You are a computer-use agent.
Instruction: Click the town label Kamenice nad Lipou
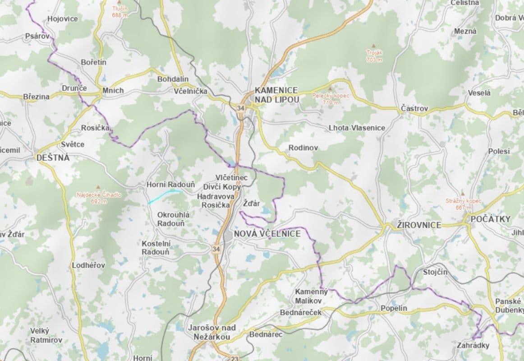tap(276, 94)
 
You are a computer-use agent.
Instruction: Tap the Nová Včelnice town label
tap(267, 234)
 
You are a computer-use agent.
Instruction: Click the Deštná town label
tap(53, 157)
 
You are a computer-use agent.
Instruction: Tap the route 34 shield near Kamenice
tap(240, 108)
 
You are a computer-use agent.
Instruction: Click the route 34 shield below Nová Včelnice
tap(216, 249)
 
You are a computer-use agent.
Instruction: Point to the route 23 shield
tap(234, 358)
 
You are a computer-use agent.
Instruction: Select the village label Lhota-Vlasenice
tap(357, 128)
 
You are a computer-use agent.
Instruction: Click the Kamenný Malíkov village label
tap(311, 296)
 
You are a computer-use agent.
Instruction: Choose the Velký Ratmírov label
tap(46, 335)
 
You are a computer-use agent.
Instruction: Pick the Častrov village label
tap(414, 109)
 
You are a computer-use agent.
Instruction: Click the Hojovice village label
tap(62, 19)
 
